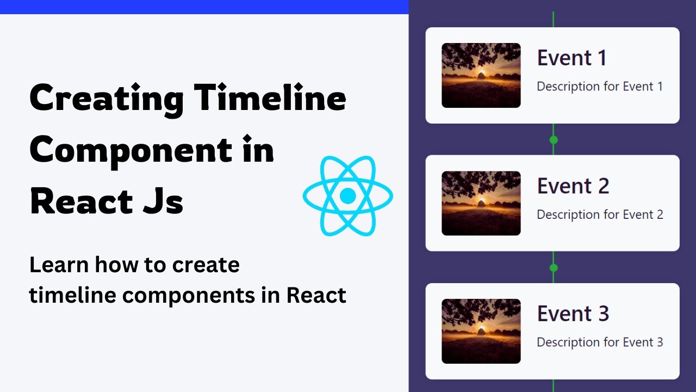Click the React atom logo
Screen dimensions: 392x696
347,195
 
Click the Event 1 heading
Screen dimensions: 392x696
571,58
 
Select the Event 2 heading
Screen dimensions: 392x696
573,186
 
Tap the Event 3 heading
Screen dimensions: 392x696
573,314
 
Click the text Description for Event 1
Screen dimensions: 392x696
600,86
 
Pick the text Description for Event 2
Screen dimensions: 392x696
600,215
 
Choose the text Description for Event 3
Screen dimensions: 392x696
600,342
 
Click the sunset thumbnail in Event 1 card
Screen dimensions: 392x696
481,75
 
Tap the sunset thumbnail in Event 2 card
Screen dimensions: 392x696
481,203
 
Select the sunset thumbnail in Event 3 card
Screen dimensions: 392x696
481,331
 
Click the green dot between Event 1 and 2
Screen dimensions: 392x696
554,140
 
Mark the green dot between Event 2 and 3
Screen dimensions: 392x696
554,268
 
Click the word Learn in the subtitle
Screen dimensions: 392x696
58,265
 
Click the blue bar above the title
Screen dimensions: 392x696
204,7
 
